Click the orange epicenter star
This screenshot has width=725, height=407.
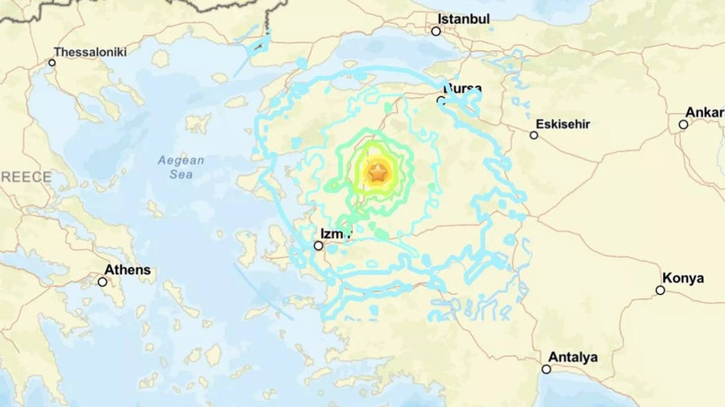tap(378, 173)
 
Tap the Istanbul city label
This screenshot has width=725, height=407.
tap(463, 19)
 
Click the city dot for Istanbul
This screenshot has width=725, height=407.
tap(436, 31)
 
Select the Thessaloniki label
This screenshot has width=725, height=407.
tap(90, 52)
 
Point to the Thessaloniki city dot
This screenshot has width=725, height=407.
tap(52, 62)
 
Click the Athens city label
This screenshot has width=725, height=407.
tap(127, 269)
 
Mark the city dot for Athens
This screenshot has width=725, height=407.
tap(103, 282)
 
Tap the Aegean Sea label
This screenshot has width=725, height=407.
tap(180, 167)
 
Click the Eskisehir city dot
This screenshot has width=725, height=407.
tap(534, 135)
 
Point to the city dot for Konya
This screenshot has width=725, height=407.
tap(660, 290)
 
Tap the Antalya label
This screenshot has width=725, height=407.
tap(573, 358)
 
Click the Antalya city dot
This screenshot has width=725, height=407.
tap(546, 369)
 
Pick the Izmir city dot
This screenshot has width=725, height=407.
tap(319, 245)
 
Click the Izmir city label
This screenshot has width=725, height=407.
tap(335, 233)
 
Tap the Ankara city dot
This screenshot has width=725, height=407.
tap(683, 124)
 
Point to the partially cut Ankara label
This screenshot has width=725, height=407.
tap(706, 112)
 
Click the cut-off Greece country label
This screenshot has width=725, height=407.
tap(26, 177)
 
